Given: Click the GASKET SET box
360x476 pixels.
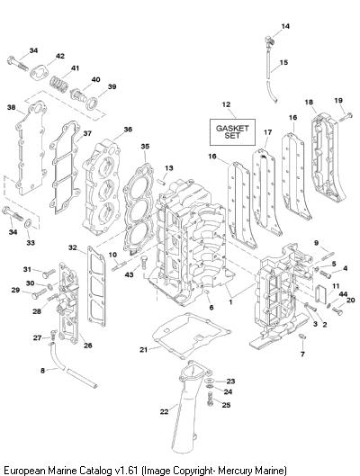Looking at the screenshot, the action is [x=232, y=132].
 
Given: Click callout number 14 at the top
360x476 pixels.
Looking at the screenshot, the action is [x=285, y=26].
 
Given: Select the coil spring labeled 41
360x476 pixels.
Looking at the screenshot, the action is [x=59, y=84].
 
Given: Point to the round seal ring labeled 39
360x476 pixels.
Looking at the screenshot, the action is [x=92, y=103].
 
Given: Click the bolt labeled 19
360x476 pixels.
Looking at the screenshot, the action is [x=346, y=117].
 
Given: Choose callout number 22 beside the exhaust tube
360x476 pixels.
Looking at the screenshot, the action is [x=164, y=412].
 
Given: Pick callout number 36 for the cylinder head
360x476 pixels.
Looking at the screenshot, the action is [x=128, y=130].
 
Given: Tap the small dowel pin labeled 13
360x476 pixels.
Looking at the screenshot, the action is [x=161, y=181].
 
